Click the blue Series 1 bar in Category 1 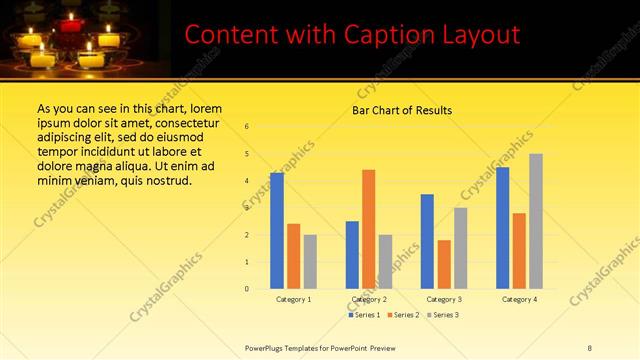277,231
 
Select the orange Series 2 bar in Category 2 369,229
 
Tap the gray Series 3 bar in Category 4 536,221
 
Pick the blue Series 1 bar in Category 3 427,241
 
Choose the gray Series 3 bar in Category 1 310,262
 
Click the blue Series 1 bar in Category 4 502,228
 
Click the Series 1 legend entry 364,315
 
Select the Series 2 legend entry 403,315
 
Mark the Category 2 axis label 369,300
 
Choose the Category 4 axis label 519,300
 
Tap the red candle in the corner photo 71,21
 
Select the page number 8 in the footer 590,348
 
